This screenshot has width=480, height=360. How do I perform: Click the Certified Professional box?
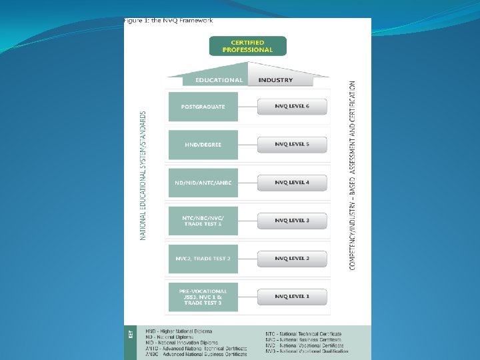coord(247,46)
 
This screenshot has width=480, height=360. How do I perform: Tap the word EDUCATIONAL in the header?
coord(219,80)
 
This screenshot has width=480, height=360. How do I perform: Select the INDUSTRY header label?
coord(275,80)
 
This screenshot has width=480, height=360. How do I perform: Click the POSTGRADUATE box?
coord(203,107)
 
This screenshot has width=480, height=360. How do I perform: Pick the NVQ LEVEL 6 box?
coord(292,107)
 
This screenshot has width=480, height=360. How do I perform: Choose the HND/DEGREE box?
coord(203,145)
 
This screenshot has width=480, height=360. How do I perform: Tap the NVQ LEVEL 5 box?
coord(292,144)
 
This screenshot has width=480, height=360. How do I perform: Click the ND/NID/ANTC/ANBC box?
coord(203,183)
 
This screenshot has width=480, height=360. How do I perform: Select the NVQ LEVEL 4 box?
coord(292,183)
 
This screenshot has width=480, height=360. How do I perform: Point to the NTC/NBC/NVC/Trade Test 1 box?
coord(203,221)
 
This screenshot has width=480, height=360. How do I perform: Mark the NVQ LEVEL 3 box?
coord(292,221)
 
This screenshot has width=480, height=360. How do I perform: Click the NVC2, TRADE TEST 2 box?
coord(203,259)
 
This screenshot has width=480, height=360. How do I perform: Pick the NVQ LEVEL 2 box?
coord(292,259)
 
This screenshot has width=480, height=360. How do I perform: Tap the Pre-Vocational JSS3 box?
coord(203,297)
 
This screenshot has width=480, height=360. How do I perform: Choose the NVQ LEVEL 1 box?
coord(292,297)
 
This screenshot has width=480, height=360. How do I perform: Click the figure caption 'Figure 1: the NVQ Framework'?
coord(168,21)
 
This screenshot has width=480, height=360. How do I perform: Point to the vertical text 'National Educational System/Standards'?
coord(143,175)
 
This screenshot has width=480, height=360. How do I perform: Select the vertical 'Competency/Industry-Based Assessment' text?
coord(352,175)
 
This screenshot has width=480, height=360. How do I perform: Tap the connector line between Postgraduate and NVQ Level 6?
coord(247,107)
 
